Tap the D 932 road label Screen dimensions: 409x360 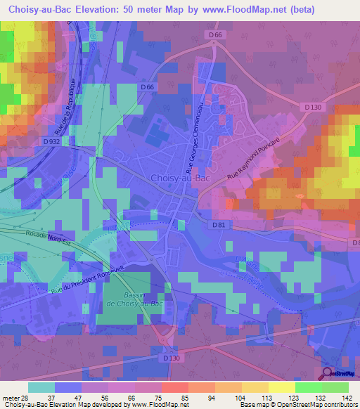(x=51, y=141)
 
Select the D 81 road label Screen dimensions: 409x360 (x=218, y=225)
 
